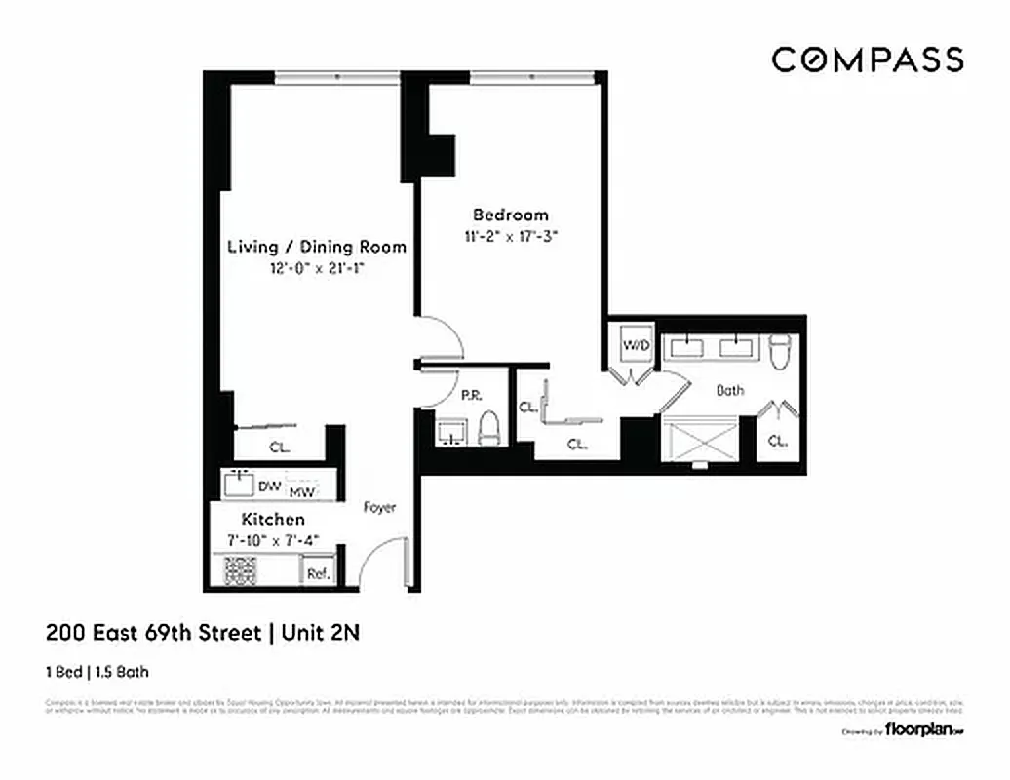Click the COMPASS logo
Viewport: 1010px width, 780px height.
click(868, 59)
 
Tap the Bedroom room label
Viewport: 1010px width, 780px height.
click(511, 214)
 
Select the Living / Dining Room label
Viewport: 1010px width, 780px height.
click(316, 247)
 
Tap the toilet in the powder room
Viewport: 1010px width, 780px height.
click(489, 427)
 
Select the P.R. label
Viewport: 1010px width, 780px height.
click(471, 396)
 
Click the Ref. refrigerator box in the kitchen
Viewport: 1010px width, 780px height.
click(317, 573)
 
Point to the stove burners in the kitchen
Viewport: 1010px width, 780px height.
click(239, 571)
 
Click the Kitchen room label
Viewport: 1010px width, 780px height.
click(273, 520)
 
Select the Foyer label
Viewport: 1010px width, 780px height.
click(379, 507)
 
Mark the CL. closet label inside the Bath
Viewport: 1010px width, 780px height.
click(777, 441)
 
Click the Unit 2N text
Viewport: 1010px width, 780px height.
click(321, 632)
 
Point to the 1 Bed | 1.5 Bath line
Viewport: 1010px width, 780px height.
click(97, 671)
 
